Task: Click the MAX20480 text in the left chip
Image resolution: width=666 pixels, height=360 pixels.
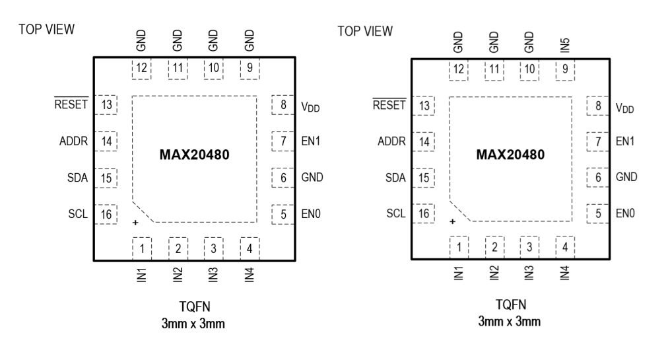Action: pyautogui.click(x=193, y=156)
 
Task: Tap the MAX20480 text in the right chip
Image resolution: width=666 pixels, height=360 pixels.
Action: pyautogui.click(x=510, y=156)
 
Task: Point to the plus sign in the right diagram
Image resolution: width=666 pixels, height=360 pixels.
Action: pyautogui.click(x=453, y=223)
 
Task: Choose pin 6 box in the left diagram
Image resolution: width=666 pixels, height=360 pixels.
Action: pyautogui.click(x=282, y=176)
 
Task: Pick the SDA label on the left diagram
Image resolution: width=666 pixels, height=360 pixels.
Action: pyautogui.click(x=78, y=177)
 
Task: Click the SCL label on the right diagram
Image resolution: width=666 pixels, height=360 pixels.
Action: pyautogui.click(x=395, y=213)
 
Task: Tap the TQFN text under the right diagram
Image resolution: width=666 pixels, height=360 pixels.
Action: pyautogui.click(x=511, y=305)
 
